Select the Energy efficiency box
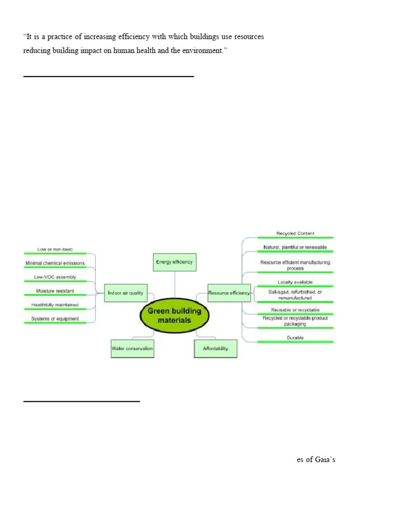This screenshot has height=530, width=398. pos(174,262)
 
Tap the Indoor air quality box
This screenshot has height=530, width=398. pos(125,293)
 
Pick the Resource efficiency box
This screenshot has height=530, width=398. pos(229,293)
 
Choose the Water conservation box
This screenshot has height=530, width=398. pos(132,348)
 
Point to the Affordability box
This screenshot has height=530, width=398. pos(215,348)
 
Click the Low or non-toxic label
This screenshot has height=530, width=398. pos(55,249)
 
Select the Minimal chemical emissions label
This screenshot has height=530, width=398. pos(55,263)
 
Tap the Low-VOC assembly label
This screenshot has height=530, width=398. pos(55,277)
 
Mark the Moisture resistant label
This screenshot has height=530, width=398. pos(55,291)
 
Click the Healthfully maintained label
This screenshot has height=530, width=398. pos(55,305)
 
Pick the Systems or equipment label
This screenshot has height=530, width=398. pos(55,319)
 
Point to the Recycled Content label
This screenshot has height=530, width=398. pos(295,233)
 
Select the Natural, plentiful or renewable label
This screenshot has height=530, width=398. pos(295,247)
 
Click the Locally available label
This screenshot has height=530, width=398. pos(295,282)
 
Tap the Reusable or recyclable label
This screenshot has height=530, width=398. pos(295,310)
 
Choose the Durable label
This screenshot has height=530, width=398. pos(295,337)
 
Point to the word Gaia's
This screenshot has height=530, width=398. pos(324,459)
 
